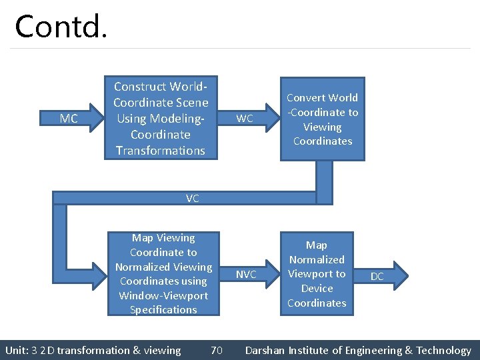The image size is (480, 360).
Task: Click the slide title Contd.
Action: click(60, 27)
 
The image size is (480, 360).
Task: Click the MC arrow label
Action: click(69, 119)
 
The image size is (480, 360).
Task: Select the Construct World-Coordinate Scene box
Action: click(160, 118)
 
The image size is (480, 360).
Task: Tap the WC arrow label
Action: click(245, 119)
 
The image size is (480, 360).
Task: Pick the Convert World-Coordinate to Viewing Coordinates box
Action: click(322, 119)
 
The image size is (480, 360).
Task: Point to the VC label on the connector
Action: click(192, 198)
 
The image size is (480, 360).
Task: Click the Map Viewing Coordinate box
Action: click(163, 273)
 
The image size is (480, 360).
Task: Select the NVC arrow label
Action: click(246, 275)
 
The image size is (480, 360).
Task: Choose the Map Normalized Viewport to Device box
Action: click(317, 274)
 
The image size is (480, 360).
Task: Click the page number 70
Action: click(217, 350)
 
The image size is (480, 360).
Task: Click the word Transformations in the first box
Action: click(160, 151)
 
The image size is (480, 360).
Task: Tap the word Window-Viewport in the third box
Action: click(163, 295)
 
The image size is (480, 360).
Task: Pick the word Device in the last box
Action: click(317, 289)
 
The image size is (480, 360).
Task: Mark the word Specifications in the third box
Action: click(163, 310)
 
